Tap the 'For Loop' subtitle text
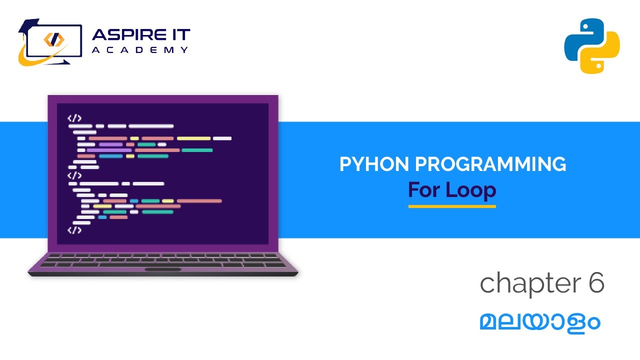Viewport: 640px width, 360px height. tap(452, 190)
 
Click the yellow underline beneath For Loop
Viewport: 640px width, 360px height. tap(452, 206)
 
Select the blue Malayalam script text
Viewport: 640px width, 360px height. tap(539, 322)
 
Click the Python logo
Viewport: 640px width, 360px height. tap(592, 46)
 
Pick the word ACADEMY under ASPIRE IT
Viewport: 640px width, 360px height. tap(140, 50)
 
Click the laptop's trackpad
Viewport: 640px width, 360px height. tap(163, 269)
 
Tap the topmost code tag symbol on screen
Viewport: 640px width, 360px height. tap(74, 118)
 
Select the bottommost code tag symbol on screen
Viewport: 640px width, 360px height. tap(74, 230)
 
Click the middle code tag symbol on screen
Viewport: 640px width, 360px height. tap(74, 175)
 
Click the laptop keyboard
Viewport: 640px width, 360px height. tap(163, 259)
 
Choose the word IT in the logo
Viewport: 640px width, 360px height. tap(180, 35)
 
